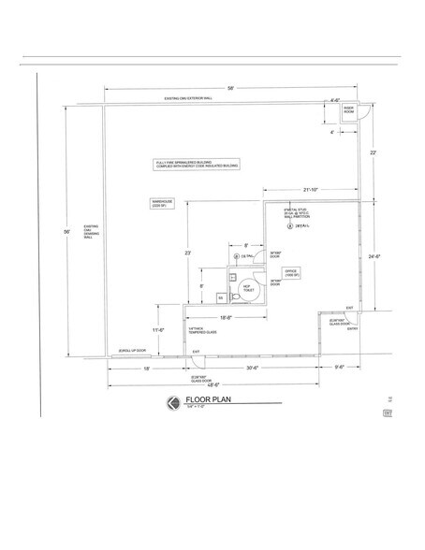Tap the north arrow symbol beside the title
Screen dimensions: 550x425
[172, 403]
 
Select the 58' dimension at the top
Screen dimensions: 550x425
[230, 88]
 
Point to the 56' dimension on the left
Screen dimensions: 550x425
[66, 232]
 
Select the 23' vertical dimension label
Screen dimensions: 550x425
[189, 253]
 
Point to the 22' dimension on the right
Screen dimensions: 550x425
[373, 152]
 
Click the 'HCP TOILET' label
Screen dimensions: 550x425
[249, 291]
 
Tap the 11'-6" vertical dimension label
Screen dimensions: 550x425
[158, 330]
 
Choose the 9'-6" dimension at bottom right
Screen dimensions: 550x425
[338, 366]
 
